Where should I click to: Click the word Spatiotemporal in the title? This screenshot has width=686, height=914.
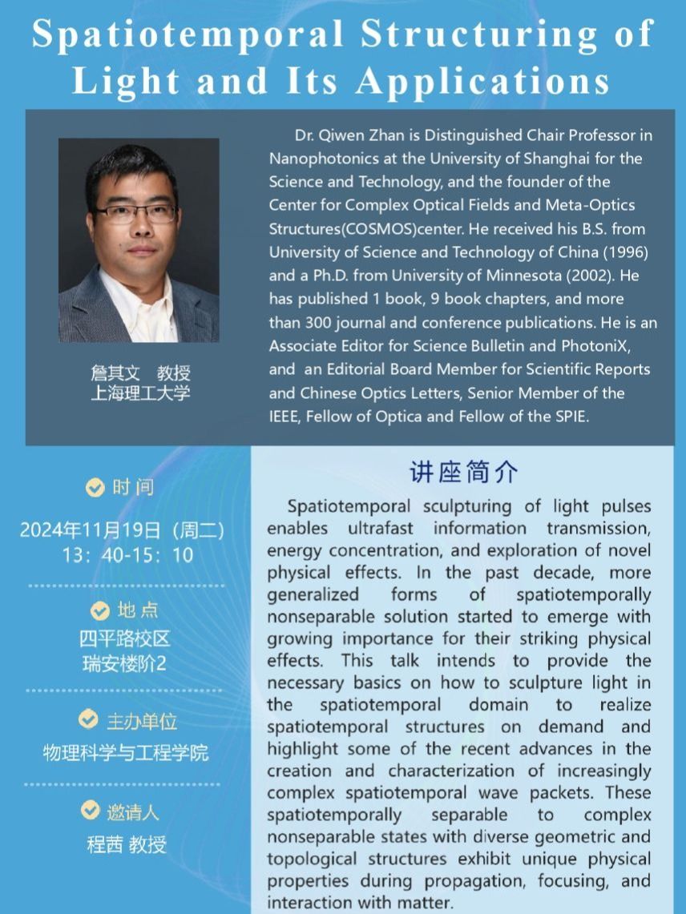pyautogui.click(x=189, y=34)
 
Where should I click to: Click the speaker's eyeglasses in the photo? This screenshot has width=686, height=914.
pyautogui.click(x=137, y=214)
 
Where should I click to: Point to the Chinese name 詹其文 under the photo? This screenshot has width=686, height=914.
pyautogui.click(x=115, y=373)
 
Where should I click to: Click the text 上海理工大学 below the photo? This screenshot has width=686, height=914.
pyautogui.click(x=139, y=393)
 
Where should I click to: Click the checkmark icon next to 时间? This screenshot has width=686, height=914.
pyautogui.click(x=95, y=488)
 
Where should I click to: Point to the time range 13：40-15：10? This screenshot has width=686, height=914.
pyautogui.click(x=128, y=554)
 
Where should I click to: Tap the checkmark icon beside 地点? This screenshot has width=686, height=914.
pyautogui.click(x=100, y=611)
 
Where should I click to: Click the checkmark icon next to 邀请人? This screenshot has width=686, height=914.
pyautogui.click(x=91, y=811)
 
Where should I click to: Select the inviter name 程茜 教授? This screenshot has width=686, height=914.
pyautogui.click(x=126, y=844)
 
